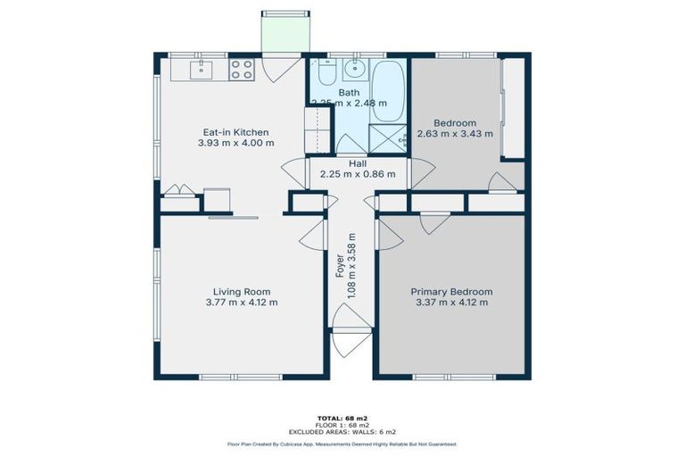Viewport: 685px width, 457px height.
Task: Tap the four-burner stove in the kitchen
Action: (x=242, y=69)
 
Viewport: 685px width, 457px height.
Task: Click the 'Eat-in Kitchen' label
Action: (x=235, y=132)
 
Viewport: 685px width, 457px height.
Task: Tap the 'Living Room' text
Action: (x=241, y=292)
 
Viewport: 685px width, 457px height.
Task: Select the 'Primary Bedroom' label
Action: (x=450, y=292)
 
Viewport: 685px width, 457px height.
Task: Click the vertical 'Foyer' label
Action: (x=340, y=266)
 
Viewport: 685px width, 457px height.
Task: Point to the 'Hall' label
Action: (x=357, y=164)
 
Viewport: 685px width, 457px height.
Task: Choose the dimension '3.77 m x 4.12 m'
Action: (x=241, y=303)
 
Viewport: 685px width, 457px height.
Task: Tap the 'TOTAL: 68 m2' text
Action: (x=342, y=418)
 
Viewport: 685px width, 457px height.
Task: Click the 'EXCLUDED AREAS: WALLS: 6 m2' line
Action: (x=342, y=432)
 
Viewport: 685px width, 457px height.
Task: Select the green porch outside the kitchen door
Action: (x=285, y=34)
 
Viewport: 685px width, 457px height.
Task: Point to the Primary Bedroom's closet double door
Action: (x=434, y=221)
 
